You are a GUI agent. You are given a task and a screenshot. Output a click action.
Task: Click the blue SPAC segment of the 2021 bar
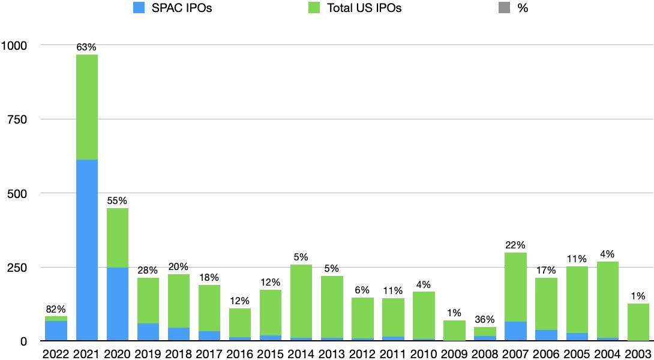(x=86, y=250)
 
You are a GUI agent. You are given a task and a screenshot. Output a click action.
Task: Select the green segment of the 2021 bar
(x=86, y=107)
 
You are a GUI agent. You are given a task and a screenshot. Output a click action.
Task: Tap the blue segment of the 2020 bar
(x=117, y=304)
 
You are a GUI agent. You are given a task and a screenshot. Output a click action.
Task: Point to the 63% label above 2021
(x=86, y=47)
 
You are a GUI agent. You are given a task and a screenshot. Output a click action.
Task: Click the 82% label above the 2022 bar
(x=56, y=309)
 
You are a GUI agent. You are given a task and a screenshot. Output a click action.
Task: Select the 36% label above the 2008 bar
(x=484, y=320)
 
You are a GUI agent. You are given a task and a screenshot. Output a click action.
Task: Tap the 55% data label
(x=117, y=201)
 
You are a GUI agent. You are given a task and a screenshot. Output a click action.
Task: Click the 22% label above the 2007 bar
(x=515, y=245)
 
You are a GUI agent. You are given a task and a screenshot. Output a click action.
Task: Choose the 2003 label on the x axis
(x=637, y=352)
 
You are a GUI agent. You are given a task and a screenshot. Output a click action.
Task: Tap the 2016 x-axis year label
(x=239, y=352)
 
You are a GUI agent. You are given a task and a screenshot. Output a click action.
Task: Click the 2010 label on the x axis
(x=423, y=352)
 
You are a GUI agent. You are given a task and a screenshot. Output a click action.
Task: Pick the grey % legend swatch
(x=503, y=8)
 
